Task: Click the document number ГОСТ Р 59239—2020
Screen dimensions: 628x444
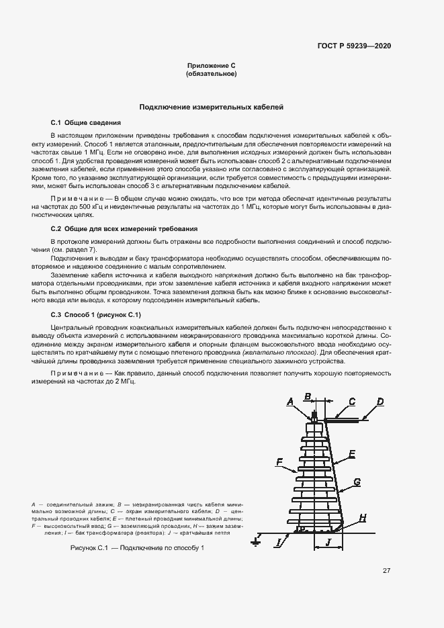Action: pyautogui.click(x=354, y=46)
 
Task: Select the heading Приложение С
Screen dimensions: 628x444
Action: pyautogui.click(x=211, y=65)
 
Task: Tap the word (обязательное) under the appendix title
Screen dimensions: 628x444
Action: pyautogui.click(x=211, y=73)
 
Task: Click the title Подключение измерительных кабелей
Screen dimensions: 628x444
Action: pyautogui.click(x=211, y=107)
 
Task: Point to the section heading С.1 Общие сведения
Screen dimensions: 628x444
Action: pyautogui.click(x=86, y=123)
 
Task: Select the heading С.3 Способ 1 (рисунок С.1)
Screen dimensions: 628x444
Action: pyautogui.click(x=96, y=314)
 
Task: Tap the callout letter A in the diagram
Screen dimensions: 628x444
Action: pyautogui.click(x=290, y=402)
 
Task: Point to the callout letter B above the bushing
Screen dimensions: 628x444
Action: pyautogui.click(x=308, y=396)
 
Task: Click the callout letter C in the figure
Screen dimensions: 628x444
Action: pyautogui.click(x=352, y=402)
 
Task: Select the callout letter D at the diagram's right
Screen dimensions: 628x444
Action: pyautogui.click(x=380, y=402)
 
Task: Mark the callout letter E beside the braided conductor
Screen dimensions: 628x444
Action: pyautogui.click(x=352, y=454)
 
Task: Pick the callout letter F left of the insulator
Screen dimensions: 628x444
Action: pyautogui.click(x=278, y=462)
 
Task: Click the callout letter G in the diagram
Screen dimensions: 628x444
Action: pyautogui.click(x=357, y=482)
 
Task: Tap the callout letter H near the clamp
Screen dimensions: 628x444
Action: pyautogui.click(x=363, y=517)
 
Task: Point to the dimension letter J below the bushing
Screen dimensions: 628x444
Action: pyautogui.click(x=328, y=542)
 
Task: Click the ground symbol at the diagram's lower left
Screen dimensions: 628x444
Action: pyautogui.click(x=255, y=539)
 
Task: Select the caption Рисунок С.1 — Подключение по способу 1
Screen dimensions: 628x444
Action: pyautogui.click(x=136, y=549)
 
